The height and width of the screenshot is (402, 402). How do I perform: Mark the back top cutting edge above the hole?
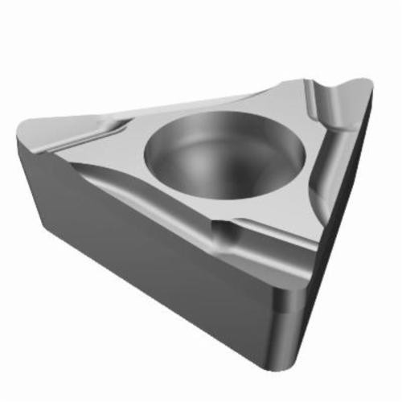point(201,100)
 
